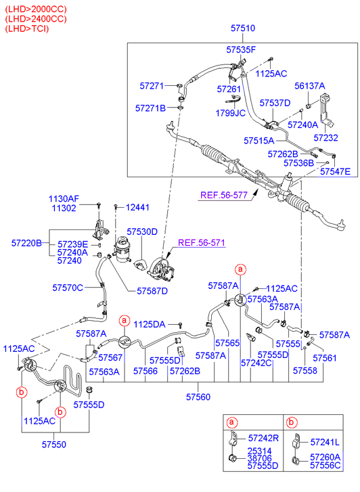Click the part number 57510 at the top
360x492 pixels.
[x=243, y=28]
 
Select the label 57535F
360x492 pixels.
[x=241, y=49]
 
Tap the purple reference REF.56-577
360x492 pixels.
[x=224, y=195]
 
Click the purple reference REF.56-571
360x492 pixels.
[x=202, y=242]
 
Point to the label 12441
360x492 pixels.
[x=137, y=207]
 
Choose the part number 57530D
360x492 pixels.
[x=142, y=231]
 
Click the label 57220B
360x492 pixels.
[x=26, y=243]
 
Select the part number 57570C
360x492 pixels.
[x=68, y=288]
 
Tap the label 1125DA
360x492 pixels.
[x=150, y=324]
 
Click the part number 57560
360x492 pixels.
[x=198, y=397]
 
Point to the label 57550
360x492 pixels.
[x=54, y=445]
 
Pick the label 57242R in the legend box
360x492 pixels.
[x=263, y=438]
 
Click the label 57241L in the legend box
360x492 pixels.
[x=325, y=442]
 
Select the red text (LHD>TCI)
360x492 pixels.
[x=27, y=28]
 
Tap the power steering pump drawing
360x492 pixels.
[x=161, y=269]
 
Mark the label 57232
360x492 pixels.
[x=325, y=137]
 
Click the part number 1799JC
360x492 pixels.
[x=231, y=113]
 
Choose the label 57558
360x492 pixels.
[x=305, y=371]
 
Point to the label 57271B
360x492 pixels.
[x=150, y=108]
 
